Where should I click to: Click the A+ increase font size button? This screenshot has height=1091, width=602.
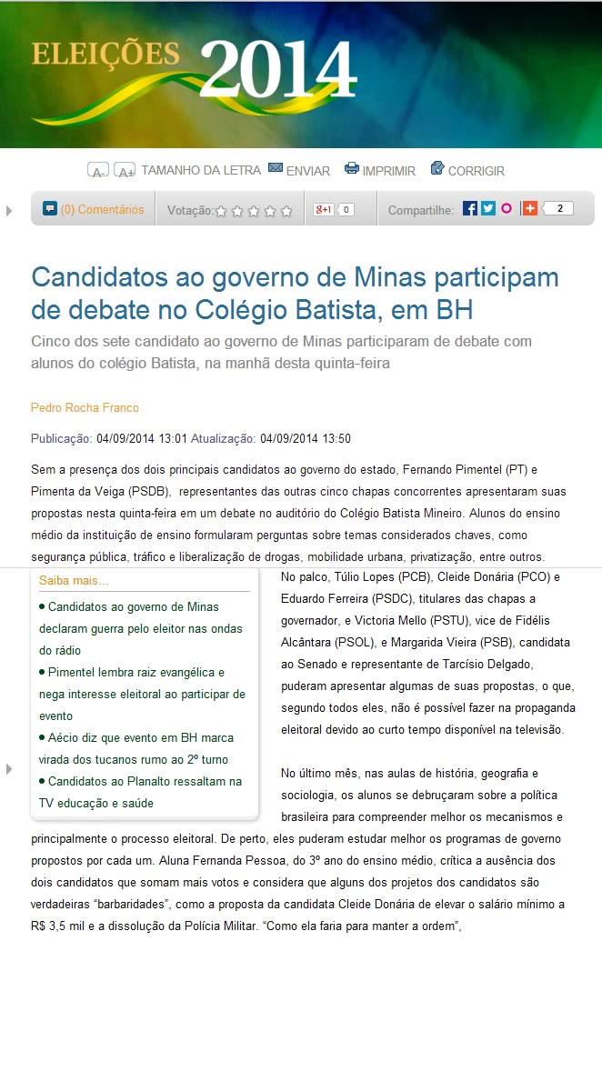[x=125, y=171]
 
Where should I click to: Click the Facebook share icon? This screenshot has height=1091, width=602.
[x=469, y=208]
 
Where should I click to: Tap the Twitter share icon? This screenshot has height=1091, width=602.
[x=488, y=208]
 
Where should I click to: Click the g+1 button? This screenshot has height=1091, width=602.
[x=324, y=209]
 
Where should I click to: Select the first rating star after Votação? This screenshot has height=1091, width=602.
[x=221, y=211]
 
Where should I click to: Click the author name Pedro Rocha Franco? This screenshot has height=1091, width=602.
[x=85, y=407]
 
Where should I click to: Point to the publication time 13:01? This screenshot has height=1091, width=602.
[x=173, y=438]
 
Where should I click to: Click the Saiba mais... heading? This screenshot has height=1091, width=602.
[x=74, y=580]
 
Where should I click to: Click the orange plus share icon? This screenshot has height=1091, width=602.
[x=529, y=208]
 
